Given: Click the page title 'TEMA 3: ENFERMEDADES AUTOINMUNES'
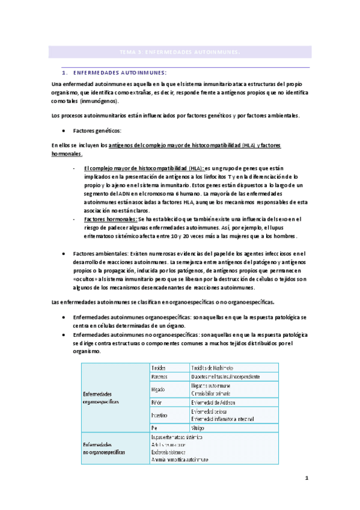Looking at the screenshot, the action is (180, 52).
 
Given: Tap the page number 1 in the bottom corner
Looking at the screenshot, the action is (307, 479).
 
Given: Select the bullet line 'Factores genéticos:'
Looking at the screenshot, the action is (97, 131).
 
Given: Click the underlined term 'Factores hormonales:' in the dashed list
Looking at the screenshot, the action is (111, 220).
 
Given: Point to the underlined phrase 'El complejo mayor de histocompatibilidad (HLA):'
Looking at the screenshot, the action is (144, 168).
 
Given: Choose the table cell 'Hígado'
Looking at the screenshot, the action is (159, 389).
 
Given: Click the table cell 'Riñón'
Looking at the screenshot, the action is (157, 402).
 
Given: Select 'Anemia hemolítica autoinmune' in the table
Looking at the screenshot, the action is (188, 459).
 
